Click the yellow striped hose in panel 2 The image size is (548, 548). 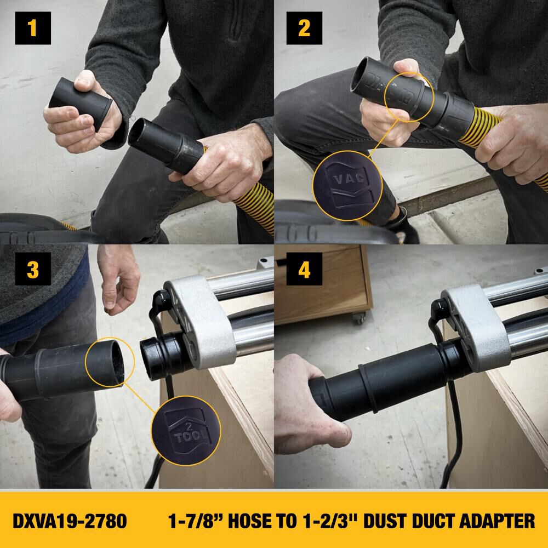[x=471, y=134]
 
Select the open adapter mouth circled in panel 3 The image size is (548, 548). [x=110, y=361]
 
